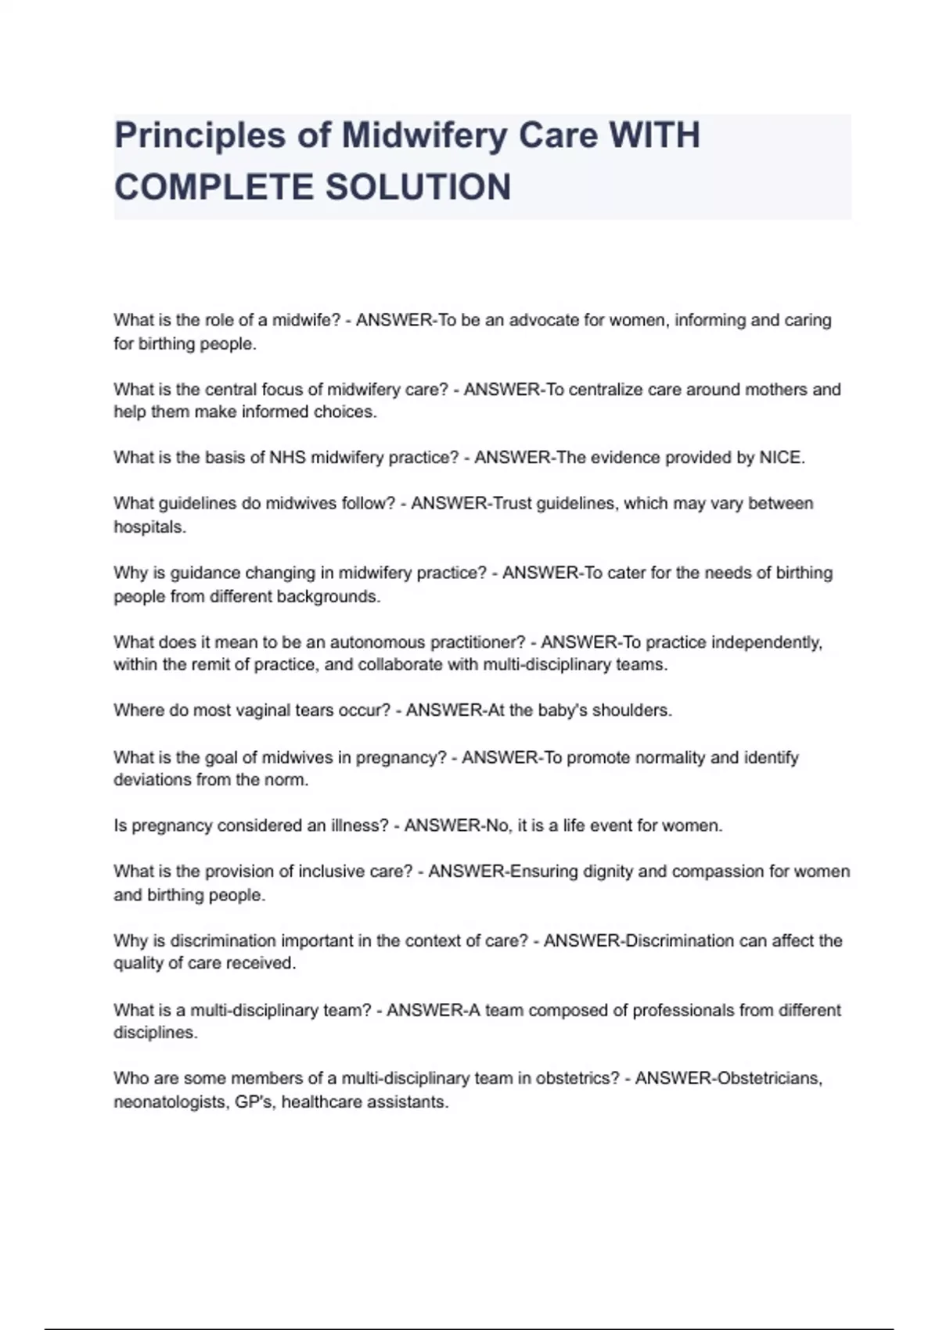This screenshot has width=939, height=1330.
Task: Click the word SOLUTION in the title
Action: click(418, 188)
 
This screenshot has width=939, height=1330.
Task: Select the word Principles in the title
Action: click(200, 135)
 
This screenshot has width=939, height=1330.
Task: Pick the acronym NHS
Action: click(288, 458)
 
